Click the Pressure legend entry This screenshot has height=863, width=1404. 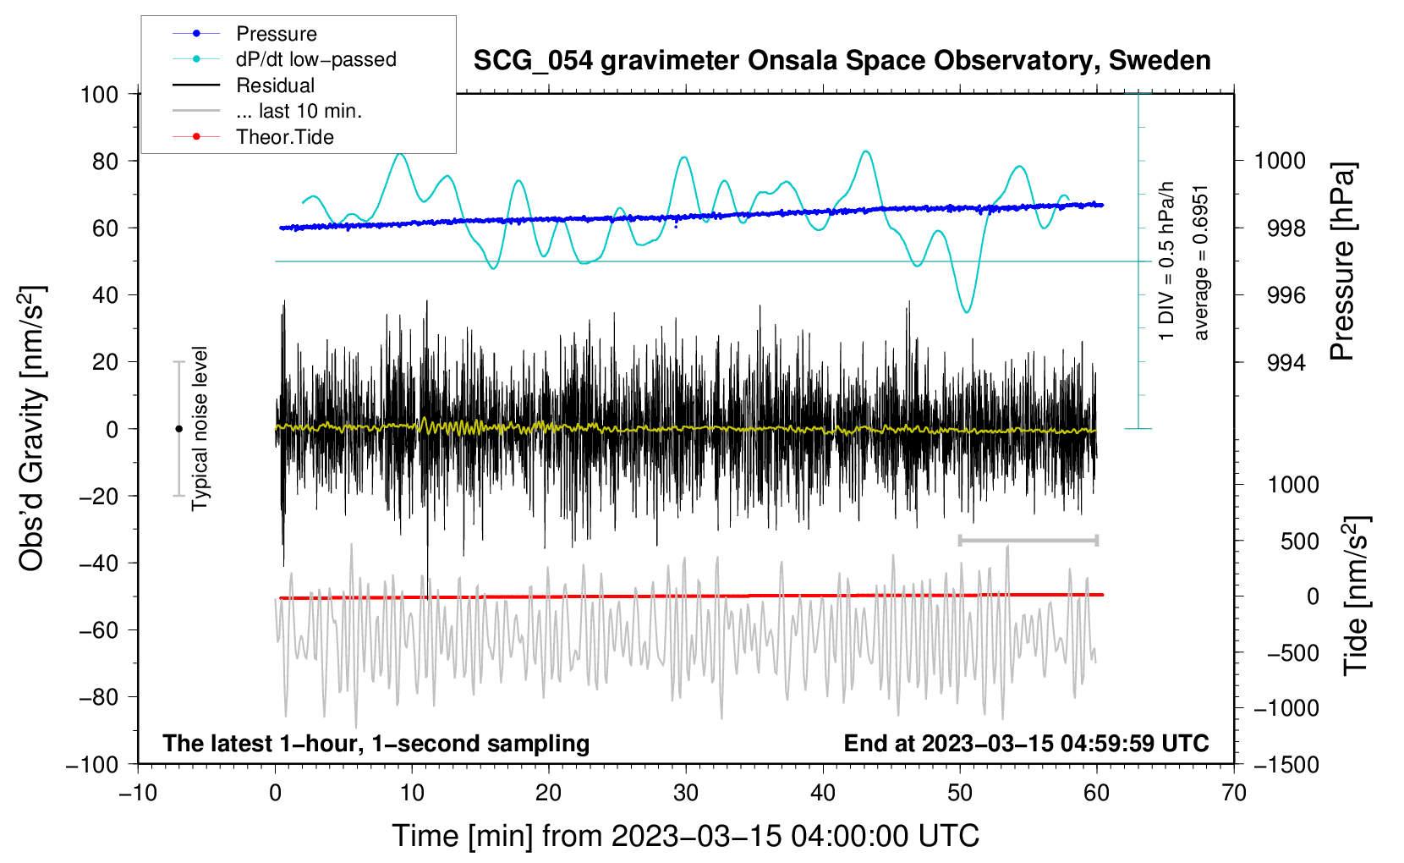point(276,34)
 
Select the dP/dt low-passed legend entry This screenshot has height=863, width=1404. point(315,59)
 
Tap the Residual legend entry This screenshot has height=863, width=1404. point(275,85)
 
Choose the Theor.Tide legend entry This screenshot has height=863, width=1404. point(284,137)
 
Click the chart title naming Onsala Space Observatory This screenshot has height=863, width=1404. point(842,61)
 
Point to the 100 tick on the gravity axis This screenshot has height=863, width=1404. point(100,94)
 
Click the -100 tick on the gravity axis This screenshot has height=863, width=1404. point(93,764)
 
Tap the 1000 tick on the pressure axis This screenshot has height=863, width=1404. point(1280,161)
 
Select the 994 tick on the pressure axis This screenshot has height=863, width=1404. point(1286,363)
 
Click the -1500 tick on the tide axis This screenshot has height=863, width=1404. point(1286,764)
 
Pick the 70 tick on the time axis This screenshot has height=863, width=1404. point(1234,793)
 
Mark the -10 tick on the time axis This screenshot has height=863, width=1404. point(138,793)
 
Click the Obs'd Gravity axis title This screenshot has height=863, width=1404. point(32,429)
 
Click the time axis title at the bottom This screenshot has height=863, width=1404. point(686,836)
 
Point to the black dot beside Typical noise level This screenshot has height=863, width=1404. point(178,429)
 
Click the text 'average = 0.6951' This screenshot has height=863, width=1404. point(1201,262)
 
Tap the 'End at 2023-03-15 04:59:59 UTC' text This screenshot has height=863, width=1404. point(1026,743)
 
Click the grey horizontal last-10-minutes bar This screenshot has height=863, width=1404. point(1028,540)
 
